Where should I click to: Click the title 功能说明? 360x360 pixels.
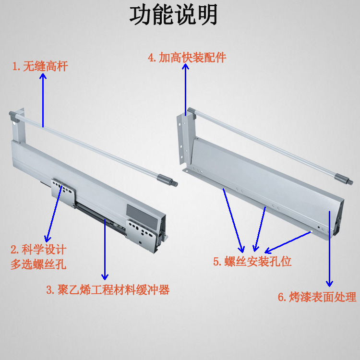tap(174, 16)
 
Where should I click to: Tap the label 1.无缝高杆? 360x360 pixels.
tap(40, 66)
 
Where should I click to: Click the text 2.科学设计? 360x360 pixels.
tap(38, 250)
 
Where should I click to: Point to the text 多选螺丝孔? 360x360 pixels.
tap(38, 264)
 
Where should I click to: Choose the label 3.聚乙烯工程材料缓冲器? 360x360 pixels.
tap(108, 290)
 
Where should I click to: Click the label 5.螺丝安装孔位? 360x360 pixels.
tap(252, 262)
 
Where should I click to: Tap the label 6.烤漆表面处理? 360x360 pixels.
tap(317, 297)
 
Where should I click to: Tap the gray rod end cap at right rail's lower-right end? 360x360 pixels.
tap(342, 178)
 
